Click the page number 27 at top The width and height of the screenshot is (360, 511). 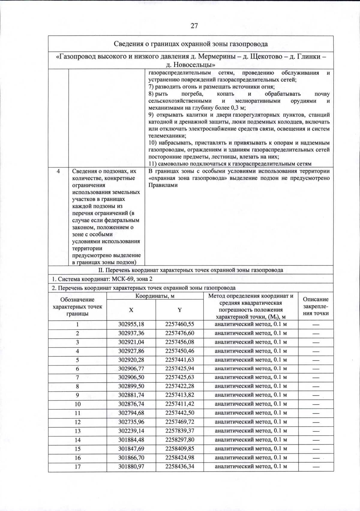tap(194, 26)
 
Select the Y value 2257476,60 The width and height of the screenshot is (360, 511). tap(179, 333)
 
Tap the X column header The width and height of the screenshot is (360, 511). tap(131, 310)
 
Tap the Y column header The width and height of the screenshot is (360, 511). tap(179, 310)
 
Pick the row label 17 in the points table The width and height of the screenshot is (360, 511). tap(77, 467)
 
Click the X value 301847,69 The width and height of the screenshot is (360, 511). tap(131, 449)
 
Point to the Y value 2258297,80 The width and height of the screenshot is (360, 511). tap(179, 440)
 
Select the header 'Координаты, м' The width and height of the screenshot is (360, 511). tap(155, 296)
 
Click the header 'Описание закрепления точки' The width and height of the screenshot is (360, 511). tap(316, 306)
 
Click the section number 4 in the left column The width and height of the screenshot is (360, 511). tap(58, 171)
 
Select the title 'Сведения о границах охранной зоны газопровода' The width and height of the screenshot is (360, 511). tap(191, 44)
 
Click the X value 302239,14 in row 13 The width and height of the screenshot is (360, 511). tap(131, 431)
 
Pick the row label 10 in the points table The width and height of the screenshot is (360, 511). tap(77, 404)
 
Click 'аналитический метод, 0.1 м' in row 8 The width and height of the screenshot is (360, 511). tap(251, 386)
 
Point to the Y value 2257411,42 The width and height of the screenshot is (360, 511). tap(179, 404)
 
